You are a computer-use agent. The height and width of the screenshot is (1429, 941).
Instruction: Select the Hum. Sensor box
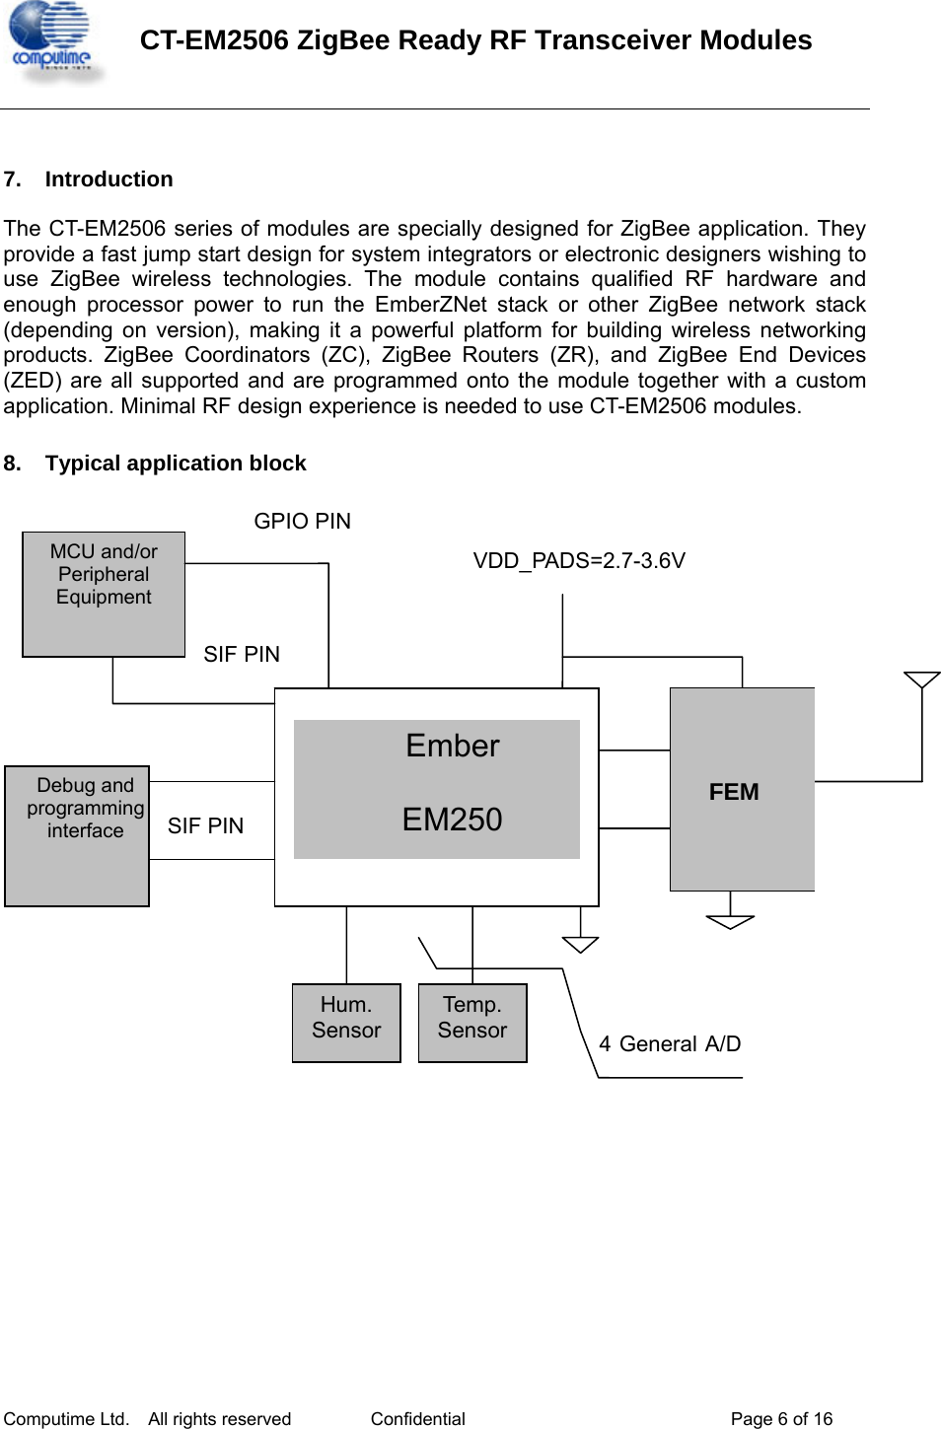click(x=346, y=1022)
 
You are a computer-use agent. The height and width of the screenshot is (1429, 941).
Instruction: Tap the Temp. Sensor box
click(x=472, y=1022)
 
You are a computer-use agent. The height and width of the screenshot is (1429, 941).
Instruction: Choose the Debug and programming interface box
click(x=77, y=835)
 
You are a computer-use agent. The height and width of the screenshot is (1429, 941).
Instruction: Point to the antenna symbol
click(x=921, y=680)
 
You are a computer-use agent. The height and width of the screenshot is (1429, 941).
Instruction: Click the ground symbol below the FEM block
click(x=730, y=921)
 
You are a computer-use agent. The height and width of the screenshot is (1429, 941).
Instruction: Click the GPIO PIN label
click(x=302, y=521)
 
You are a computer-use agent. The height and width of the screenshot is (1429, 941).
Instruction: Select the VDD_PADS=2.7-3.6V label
click(x=579, y=560)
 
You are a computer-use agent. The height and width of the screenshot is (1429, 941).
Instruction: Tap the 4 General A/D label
click(x=670, y=1043)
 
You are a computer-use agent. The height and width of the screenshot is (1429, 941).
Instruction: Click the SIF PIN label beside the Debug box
click(x=205, y=825)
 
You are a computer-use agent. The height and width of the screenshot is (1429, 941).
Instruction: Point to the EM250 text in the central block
click(x=452, y=819)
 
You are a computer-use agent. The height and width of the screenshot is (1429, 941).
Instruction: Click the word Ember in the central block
click(x=452, y=746)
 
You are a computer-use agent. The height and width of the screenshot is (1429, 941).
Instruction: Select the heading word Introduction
click(x=109, y=179)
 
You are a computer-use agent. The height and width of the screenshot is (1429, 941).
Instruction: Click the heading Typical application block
click(x=176, y=464)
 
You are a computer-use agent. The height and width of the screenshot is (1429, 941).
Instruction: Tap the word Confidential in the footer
click(x=417, y=1418)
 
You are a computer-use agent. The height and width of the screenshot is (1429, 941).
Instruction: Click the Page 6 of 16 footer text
click(x=781, y=1418)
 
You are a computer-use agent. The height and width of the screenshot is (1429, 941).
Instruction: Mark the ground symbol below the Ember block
click(x=580, y=944)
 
